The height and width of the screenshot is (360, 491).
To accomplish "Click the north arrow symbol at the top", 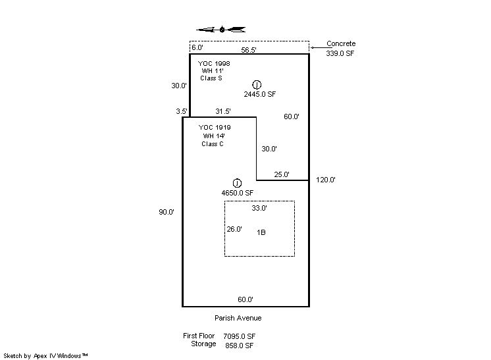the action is tap(221, 30).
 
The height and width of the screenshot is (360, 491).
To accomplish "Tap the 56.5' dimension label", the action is tap(249, 50).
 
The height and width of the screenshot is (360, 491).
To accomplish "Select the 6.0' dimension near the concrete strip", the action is tap(197, 47).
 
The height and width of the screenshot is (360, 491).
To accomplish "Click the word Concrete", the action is tap(341, 43).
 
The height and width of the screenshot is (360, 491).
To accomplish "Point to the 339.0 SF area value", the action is tap(340, 53).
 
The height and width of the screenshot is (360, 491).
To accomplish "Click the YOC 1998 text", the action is tap(214, 64).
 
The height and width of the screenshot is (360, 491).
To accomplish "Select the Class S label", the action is tap(211, 78).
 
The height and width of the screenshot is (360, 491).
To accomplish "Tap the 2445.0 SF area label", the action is tap(260, 94).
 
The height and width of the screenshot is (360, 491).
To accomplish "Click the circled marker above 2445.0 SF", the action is tap(257, 84).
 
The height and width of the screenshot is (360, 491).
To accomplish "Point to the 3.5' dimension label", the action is tap(182, 111).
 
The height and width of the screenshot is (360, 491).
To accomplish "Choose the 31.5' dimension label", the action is tap(223, 111).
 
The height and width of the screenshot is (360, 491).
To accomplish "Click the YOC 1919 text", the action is tap(215, 128).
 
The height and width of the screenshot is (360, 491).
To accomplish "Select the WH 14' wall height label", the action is tap(214, 136).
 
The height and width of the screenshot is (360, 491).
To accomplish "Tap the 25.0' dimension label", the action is tap(282, 174).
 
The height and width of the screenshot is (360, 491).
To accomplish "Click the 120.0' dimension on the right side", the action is tap(326, 180).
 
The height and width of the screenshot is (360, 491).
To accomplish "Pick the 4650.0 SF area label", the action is tap(238, 193).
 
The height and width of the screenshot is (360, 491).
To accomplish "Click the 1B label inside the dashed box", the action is tap(261, 232).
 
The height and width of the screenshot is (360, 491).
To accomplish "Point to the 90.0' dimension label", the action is tap(167, 212).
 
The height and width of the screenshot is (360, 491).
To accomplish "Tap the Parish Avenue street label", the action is tap(238, 318).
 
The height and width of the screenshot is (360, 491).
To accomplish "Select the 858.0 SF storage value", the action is tap(239, 346).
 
